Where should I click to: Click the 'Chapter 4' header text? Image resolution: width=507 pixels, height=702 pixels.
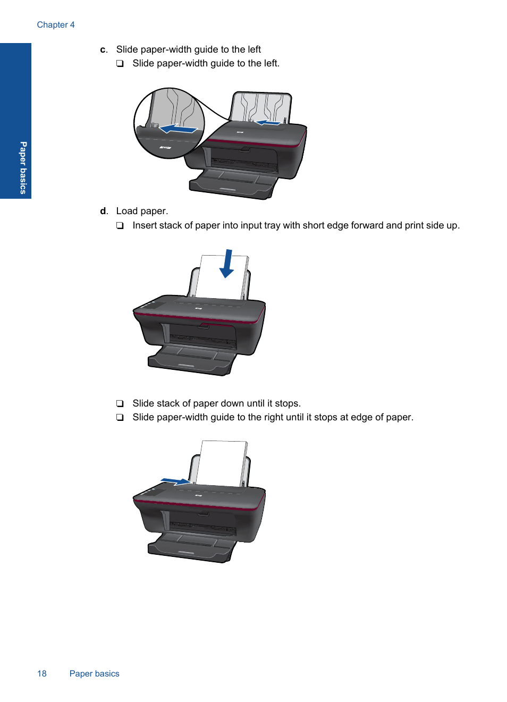56,25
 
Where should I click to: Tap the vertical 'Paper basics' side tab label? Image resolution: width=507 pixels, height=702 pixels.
23,167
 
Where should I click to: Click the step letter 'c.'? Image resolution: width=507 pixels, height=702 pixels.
104,49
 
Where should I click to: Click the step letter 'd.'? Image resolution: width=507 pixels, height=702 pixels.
104,211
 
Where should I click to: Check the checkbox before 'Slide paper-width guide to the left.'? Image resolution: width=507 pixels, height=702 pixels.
120,64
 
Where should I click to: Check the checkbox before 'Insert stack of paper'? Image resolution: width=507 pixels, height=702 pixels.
120,225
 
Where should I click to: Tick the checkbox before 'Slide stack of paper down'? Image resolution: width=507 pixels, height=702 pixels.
120,403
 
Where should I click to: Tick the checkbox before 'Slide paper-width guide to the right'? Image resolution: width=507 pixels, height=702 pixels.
120,417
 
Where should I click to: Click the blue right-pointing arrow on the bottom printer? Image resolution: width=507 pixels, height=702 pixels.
175,481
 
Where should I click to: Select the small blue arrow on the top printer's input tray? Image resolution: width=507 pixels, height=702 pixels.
268,123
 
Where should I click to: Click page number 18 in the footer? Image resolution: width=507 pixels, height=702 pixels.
42,673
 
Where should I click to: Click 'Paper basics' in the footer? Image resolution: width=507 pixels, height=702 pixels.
94,673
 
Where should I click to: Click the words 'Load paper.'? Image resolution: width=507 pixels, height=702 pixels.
142,211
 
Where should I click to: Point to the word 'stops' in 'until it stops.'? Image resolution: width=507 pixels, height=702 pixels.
287,403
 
